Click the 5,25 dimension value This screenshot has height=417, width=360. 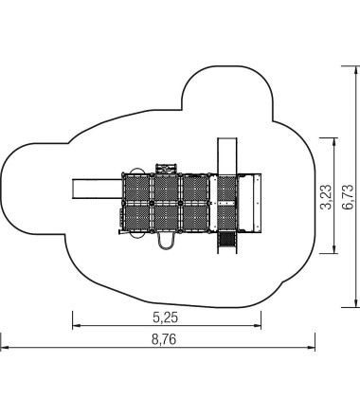pos(166,317)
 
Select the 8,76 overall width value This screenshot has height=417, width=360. pos(164,339)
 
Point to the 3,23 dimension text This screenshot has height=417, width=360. pos(326,197)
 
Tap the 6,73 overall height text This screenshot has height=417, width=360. pos(348,197)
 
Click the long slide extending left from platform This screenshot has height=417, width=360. pos(97,189)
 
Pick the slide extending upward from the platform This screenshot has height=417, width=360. pos(227,156)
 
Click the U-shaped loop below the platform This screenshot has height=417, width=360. pos(166,241)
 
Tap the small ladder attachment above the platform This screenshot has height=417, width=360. pos(166,169)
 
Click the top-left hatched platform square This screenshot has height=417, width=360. pos(137,189)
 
